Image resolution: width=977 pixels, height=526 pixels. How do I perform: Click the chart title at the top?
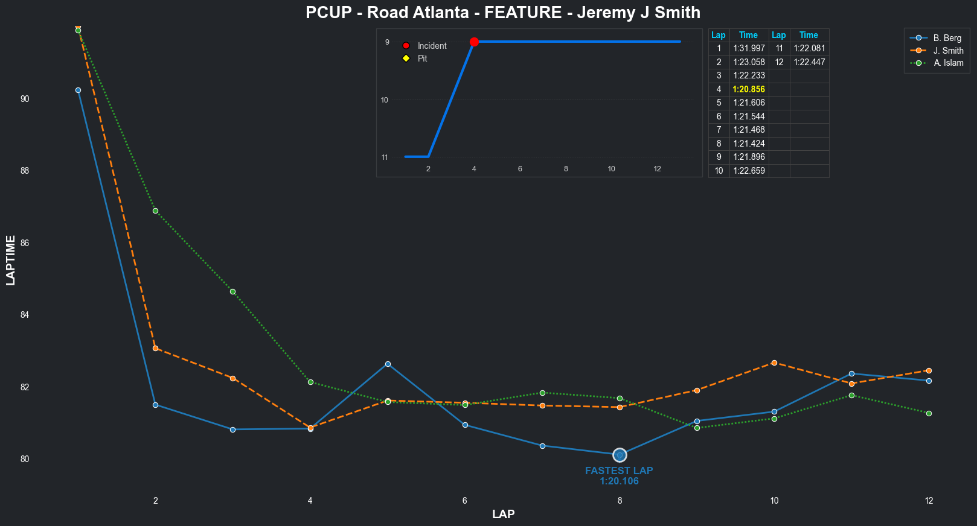[x=502, y=13]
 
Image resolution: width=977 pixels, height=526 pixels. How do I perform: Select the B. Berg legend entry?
[x=947, y=38]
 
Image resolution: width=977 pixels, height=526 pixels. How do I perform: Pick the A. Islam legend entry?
[x=948, y=63]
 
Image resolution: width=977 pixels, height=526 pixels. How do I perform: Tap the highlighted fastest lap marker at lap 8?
[x=620, y=455]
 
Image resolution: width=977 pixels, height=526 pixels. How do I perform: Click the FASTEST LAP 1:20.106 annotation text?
[x=619, y=476]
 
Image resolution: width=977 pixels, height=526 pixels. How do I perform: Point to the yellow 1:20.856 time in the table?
[x=749, y=89]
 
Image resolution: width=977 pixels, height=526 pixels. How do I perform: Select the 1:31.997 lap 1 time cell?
[x=749, y=48]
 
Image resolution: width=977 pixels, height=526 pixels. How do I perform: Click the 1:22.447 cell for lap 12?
[x=809, y=62]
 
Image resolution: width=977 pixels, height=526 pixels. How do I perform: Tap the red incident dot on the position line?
[x=474, y=42]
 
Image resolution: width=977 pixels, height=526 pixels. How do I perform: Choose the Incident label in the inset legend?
[x=432, y=46]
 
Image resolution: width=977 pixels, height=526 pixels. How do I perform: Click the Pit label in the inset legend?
[x=422, y=59]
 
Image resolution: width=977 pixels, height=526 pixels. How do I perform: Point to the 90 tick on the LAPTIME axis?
[x=25, y=99]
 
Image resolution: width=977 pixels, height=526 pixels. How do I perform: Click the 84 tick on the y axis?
[x=25, y=315]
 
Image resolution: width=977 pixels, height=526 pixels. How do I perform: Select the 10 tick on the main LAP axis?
[x=774, y=500]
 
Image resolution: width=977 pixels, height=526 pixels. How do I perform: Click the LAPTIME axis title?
[x=11, y=260]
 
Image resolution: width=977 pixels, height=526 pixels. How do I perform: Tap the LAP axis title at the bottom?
[x=503, y=514]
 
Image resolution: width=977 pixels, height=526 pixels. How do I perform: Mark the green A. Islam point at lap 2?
[x=155, y=211]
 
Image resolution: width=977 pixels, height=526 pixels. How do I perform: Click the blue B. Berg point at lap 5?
[x=388, y=364]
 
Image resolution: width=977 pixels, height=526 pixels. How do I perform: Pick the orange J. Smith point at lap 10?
[x=774, y=363]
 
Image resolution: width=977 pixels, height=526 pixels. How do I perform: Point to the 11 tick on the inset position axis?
[x=385, y=157]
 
